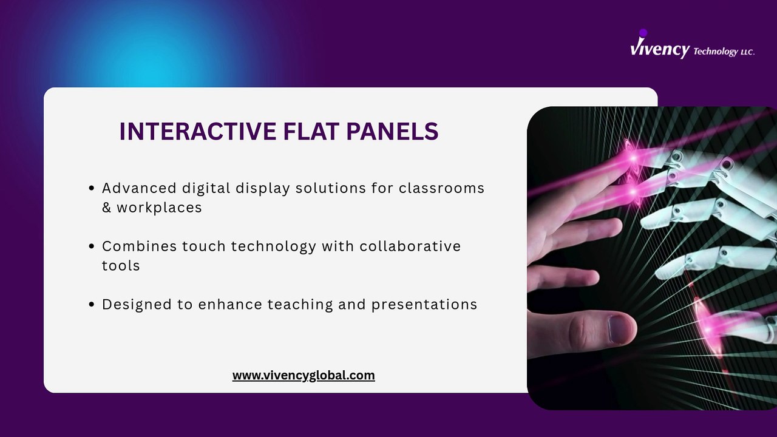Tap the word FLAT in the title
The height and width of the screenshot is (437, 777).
pos(311,131)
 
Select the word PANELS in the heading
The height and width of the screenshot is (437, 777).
pos(392,131)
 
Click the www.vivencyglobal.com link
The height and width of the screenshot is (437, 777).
pos(304,376)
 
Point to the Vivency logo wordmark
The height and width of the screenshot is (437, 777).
pos(660,49)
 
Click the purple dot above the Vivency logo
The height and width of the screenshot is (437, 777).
pos(643,33)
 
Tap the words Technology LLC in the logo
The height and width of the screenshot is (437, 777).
pos(724,52)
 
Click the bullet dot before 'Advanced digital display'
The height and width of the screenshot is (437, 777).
pos(92,188)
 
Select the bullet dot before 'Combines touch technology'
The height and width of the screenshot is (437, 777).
pos(92,246)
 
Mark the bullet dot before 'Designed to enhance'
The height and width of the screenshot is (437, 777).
pos(92,305)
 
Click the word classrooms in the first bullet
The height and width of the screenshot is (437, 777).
pos(441,188)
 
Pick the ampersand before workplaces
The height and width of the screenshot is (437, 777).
pos(106,208)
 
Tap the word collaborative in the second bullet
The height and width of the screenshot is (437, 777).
pos(410,246)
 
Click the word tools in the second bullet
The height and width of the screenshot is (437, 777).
pos(121,266)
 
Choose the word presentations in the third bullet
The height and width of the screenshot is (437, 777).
pos(424,305)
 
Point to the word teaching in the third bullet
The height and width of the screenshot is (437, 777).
pos(300,305)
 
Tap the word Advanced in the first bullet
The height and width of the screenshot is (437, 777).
pos(139,188)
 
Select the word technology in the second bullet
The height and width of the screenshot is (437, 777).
pos(274,246)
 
